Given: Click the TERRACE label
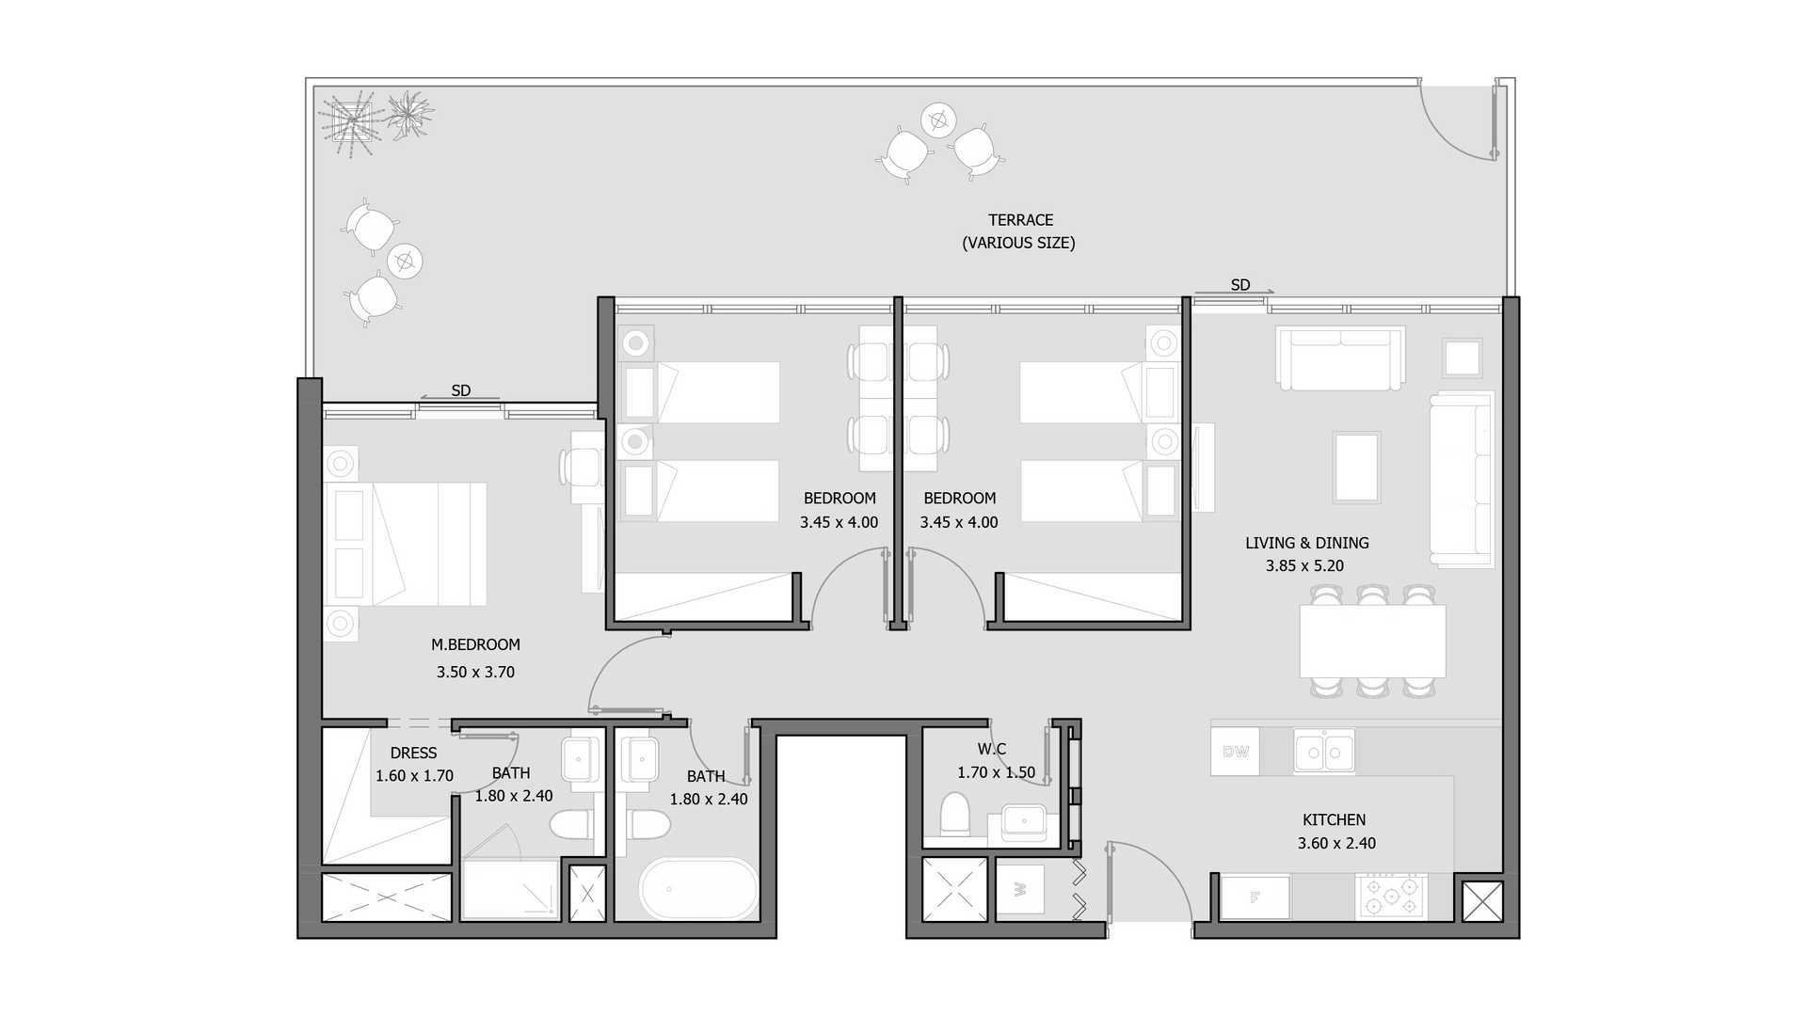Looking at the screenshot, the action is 1020,220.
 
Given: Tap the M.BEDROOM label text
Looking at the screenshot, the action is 475,645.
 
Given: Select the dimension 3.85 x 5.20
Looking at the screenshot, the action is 1304,566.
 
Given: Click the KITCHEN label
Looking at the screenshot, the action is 1334,820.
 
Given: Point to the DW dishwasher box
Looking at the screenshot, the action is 1235,752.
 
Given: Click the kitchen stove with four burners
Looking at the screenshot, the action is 1392,897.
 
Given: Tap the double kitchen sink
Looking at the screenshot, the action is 1324,751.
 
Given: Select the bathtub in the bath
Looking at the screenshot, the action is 698,888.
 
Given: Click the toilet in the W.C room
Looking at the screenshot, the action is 955,815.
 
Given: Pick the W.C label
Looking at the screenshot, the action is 991,750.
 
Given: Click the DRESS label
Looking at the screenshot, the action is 413,754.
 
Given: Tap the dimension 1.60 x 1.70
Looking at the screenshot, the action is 414,776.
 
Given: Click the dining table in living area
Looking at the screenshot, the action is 1372,642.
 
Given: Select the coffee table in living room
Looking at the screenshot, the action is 1356,468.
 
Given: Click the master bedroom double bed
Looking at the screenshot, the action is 406,544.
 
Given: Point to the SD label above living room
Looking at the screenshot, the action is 1240,285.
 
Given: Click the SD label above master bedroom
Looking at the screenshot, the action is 460,390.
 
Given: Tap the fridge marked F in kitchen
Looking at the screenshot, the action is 1255,897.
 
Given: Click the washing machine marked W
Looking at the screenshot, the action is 1020,888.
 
